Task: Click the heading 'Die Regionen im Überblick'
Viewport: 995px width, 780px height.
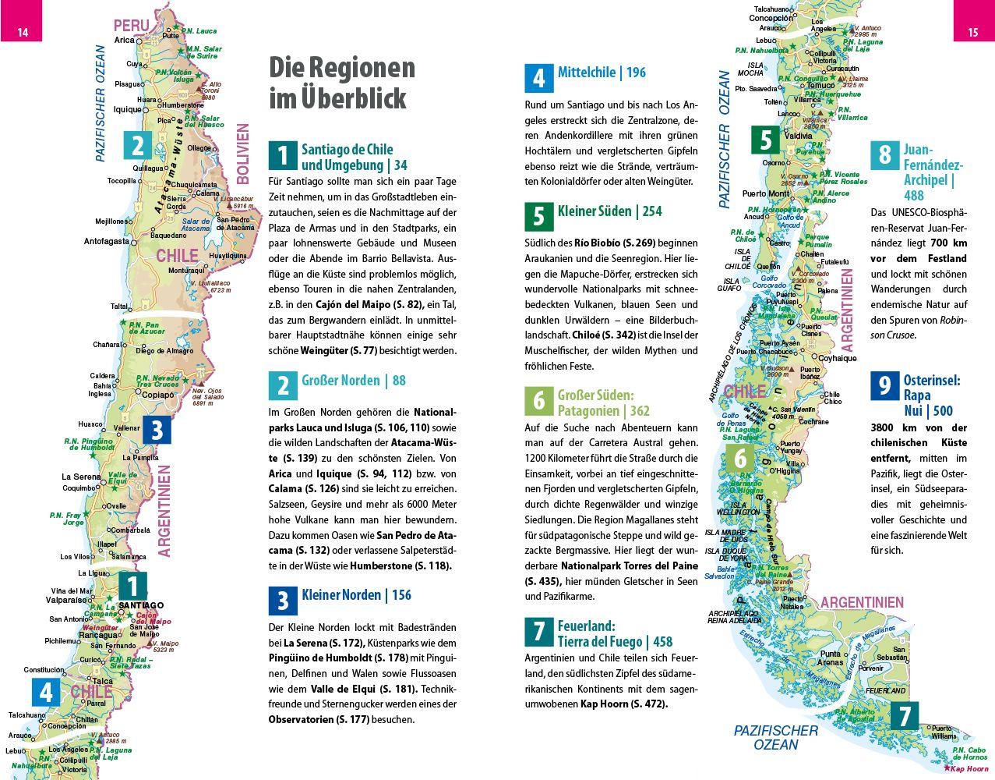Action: [x=342, y=83]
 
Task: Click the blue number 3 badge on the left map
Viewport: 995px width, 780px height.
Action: [x=156, y=431]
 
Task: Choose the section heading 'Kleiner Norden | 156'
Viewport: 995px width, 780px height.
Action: [x=356, y=595]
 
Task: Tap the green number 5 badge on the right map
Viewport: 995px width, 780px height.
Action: [x=765, y=140]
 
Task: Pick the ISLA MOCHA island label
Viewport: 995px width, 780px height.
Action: [x=756, y=69]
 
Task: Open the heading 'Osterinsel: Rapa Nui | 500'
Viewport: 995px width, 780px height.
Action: [x=931, y=395]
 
